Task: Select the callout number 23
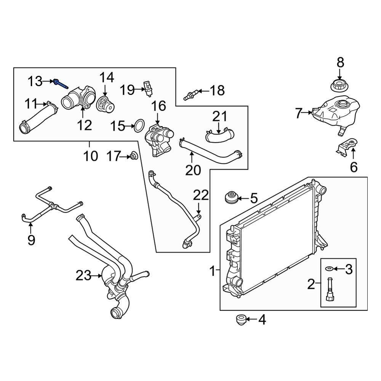click(83, 275)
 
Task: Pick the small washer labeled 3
click(328, 269)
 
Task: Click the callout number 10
click(91, 156)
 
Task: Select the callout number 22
click(201, 195)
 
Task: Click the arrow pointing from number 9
click(31, 226)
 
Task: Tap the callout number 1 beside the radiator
click(212, 272)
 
